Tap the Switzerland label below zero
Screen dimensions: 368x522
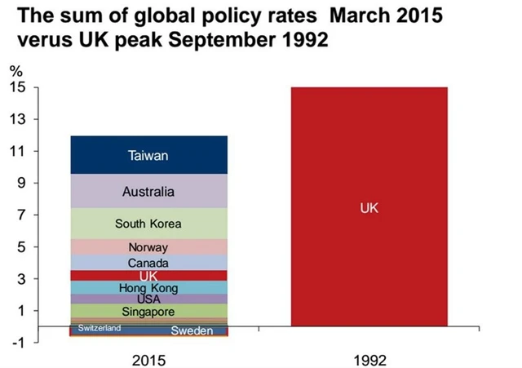click(x=100, y=328)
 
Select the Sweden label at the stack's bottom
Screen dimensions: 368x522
click(x=192, y=330)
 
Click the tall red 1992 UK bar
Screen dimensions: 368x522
click(x=369, y=208)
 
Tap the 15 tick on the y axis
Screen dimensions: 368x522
click(x=17, y=87)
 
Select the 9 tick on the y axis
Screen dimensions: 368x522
click(x=20, y=184)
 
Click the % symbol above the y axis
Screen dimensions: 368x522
click(x=15, y=72)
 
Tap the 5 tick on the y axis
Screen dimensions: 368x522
click(x=20, y=247)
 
